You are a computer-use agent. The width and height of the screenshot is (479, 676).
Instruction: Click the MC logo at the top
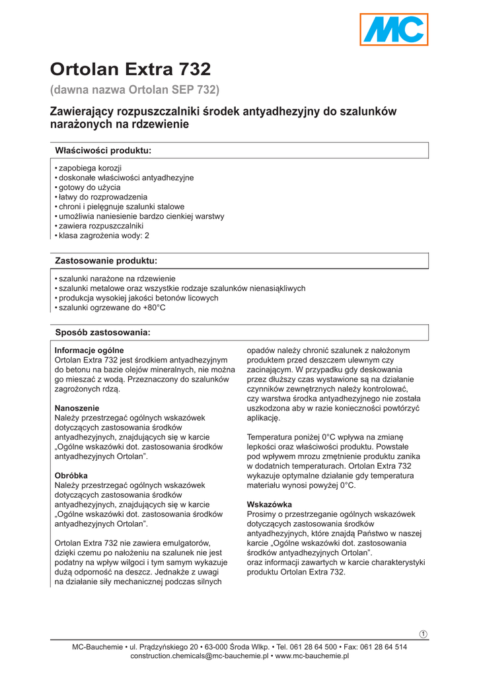pyautogui.click(x=394, y=30)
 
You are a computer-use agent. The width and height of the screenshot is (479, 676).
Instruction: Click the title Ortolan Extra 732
pyautogui.click(x=131, y=69)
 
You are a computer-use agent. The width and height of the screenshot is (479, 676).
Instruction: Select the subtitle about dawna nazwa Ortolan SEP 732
pyautogui.click(x=135, y=89)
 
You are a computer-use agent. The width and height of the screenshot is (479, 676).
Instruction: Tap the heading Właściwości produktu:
pyautogui.click(x=103, y=151)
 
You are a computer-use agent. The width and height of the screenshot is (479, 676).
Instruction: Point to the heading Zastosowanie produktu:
pyautogui.click(x=106, y=261)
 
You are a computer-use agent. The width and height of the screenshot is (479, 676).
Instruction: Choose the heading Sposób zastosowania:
pyautogui.click(x=102, y=331)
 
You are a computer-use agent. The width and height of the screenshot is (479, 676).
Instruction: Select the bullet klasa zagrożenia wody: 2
pyautogui.click(x=104, y=235)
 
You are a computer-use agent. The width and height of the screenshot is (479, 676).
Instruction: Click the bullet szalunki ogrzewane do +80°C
pyautogui.click(x=112, y=308)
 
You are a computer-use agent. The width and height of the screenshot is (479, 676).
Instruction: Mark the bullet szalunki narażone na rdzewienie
pyautogui.click(x=117, y=279)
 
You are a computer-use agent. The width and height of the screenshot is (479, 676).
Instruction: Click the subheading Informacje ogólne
pyautogui.click(x=89, y=350)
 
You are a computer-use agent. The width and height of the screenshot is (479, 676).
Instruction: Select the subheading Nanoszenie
pyautogui.click(x=77, y=408)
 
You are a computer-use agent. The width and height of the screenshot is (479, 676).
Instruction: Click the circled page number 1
pyautogui.click(x=424, y=634)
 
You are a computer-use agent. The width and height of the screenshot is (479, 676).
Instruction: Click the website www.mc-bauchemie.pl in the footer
pyautogui.click(x=312, y=656)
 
